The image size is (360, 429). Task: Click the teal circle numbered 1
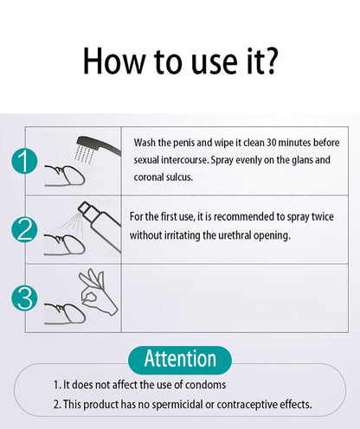click(24, 161)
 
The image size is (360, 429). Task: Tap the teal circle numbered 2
click(24, 229)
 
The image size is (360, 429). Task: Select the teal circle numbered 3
click(24, 298)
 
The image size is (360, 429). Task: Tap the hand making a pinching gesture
click(98, 291)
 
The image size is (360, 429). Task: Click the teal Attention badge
click(180, 360)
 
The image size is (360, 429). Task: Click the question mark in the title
click(271, 61)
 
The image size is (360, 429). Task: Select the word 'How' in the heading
click(114, 61)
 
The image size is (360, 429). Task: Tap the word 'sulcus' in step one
click(178, 177)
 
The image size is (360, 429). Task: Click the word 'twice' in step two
click(323, 217)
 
